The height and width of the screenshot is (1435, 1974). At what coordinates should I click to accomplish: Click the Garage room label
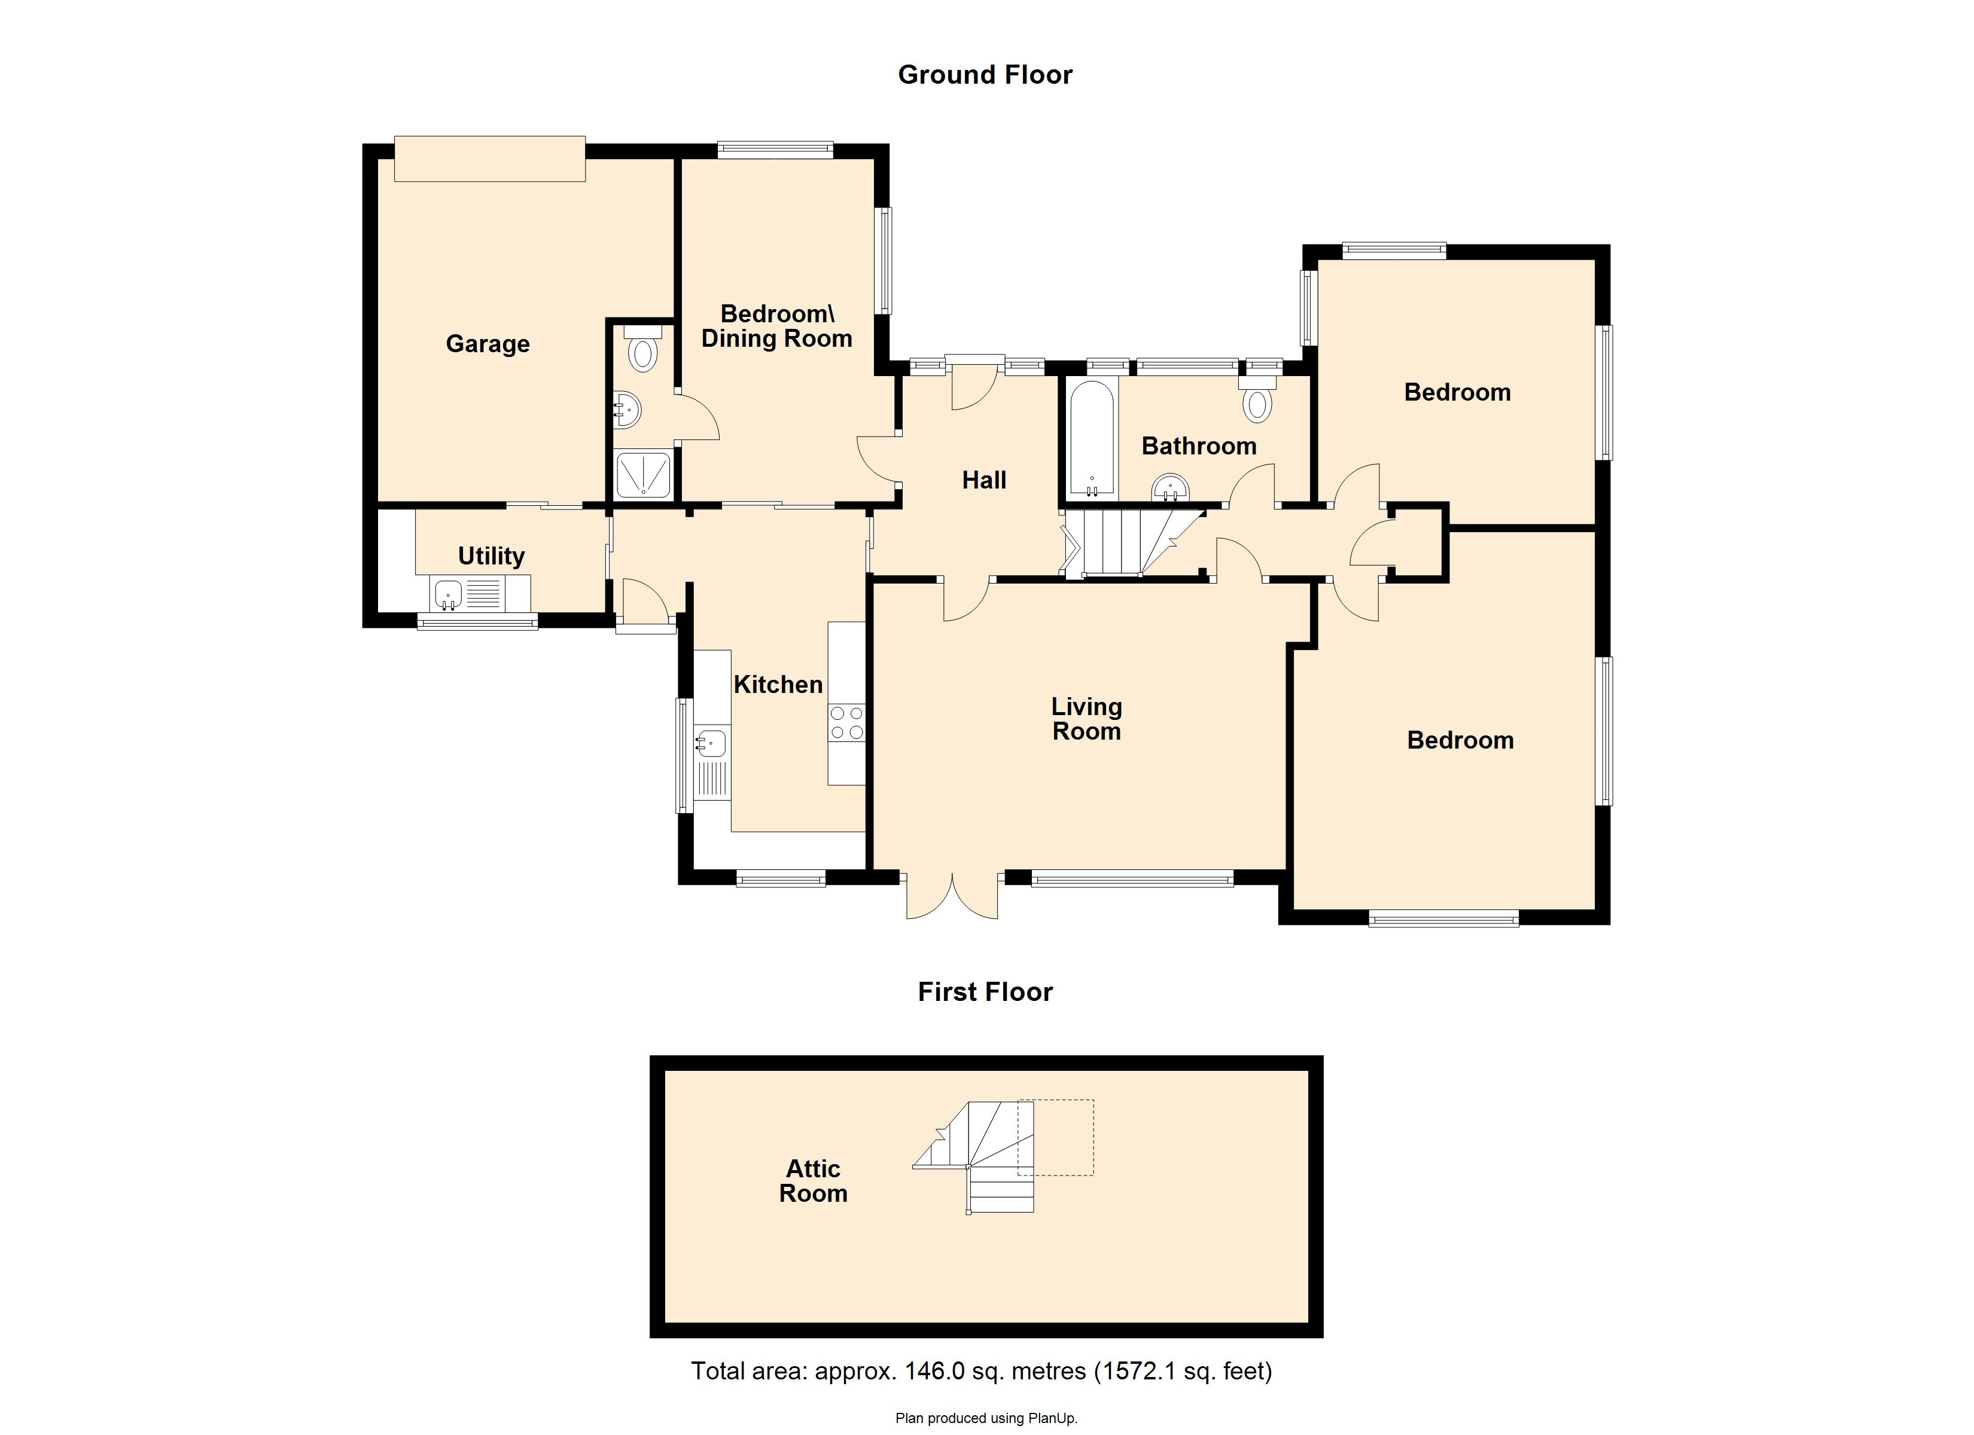tap(488, 344)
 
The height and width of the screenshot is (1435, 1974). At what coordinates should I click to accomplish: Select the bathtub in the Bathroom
tap(1092, 439)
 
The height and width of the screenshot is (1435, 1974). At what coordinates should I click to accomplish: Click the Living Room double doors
tap(952, 896)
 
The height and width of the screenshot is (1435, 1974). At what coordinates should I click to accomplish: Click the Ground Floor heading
tap(985, 75)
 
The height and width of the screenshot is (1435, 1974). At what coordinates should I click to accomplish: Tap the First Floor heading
tap(985, 992)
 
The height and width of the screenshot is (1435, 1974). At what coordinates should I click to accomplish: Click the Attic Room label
tap(813, 1181)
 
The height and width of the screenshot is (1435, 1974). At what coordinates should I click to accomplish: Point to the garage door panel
tap(489, 159)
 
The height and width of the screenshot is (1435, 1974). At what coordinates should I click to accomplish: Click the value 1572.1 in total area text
tap(1137, 1372)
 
